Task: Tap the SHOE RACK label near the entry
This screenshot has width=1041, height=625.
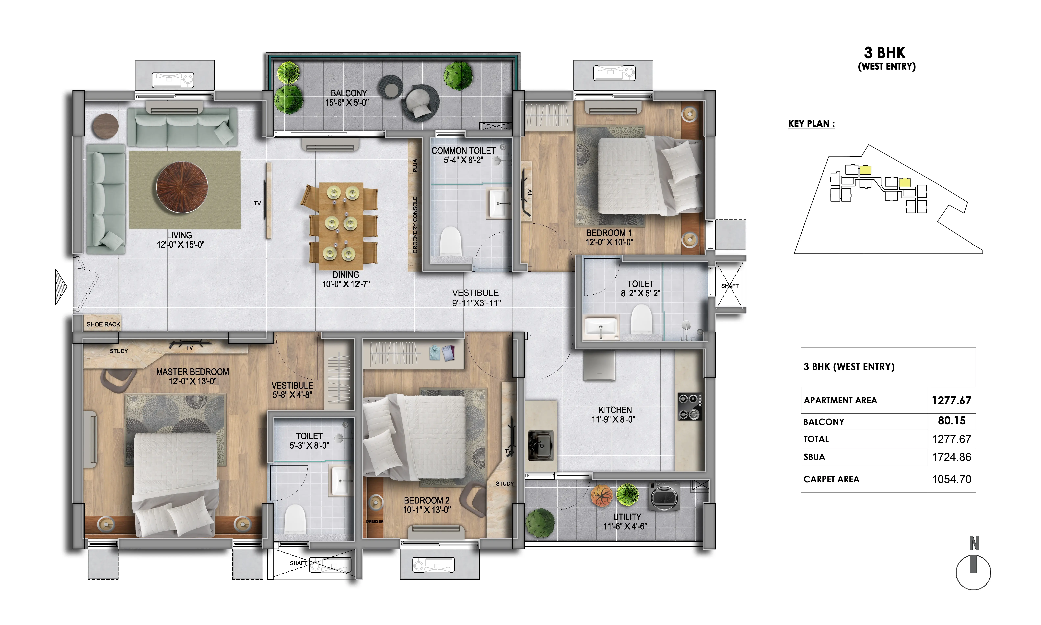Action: tap(103, 324)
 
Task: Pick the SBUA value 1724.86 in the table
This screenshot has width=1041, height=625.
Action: tap(951, 457)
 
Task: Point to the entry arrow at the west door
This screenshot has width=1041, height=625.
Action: tap(61, 287)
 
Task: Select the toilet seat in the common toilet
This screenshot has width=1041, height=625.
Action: tap(450, 241)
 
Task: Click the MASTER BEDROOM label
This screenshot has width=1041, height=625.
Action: tap(192, 372)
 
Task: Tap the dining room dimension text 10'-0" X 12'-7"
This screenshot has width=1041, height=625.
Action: tap(346, 284)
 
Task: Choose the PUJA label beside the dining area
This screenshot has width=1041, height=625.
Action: tap(415, 166)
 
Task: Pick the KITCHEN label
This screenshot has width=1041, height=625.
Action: tap(615, 410)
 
